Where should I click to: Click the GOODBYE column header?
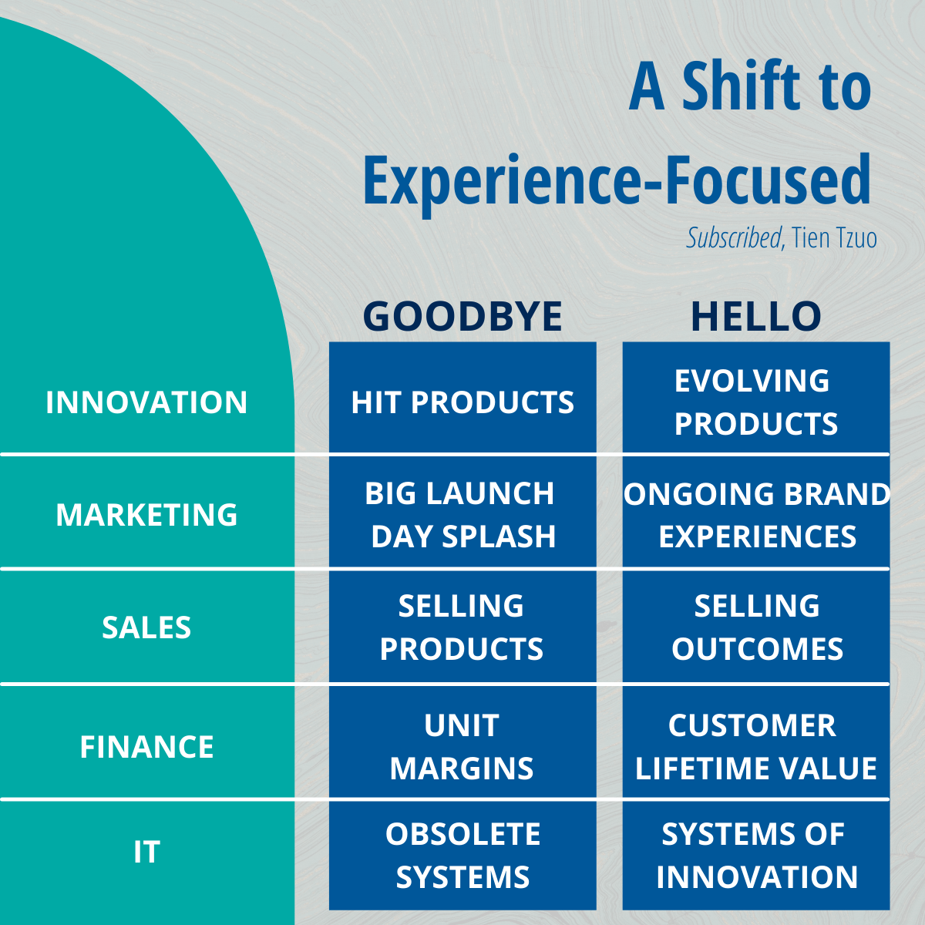pos(462,316)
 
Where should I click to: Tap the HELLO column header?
pos(756,316)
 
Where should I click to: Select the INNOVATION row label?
pos(146,402)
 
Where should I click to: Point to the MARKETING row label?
pos(146,515)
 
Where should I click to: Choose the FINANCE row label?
pos(146,746)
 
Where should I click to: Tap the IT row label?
pos(146,852)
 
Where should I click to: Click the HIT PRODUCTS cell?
pos(462,398)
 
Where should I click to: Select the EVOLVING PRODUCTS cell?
pos(756,398)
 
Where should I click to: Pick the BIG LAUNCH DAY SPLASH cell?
pos(462,512)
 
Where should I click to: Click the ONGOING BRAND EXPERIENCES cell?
pos(756,512)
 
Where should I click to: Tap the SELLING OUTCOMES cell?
pos(756,627)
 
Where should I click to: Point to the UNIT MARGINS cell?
pos(462,742)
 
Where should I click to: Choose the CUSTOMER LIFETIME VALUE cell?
pos(756,742)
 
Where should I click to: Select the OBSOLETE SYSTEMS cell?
pos(462,856)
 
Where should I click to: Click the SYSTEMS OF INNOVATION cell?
pos(756,856)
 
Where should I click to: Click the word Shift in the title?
pos(742,86)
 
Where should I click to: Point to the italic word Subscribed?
pos(734,237)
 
